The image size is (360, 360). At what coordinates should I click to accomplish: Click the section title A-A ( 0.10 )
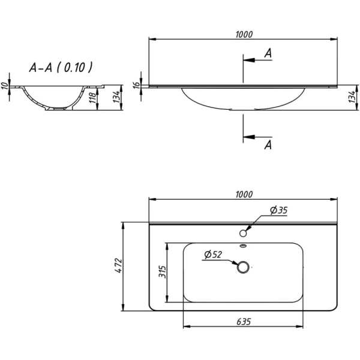[x=61, y=67]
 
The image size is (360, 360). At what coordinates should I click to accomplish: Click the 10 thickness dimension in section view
[x=5, y=86]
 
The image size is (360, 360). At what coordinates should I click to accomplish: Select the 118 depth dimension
[x=92, y=98]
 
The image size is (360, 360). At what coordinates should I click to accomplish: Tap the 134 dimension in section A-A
[x=116, y=97]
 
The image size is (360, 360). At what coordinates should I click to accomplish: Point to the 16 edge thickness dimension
[x=137, y=85]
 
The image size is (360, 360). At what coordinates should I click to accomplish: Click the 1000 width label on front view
[x=244, y=34]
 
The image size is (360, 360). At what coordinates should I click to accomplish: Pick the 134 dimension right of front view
[x=352, y=97]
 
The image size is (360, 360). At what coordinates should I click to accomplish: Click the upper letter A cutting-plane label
[x=268, y=53]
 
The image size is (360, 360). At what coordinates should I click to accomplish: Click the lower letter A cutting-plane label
[x=268, y=145]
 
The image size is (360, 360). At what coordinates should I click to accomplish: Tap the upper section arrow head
[x=249, y=60]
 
